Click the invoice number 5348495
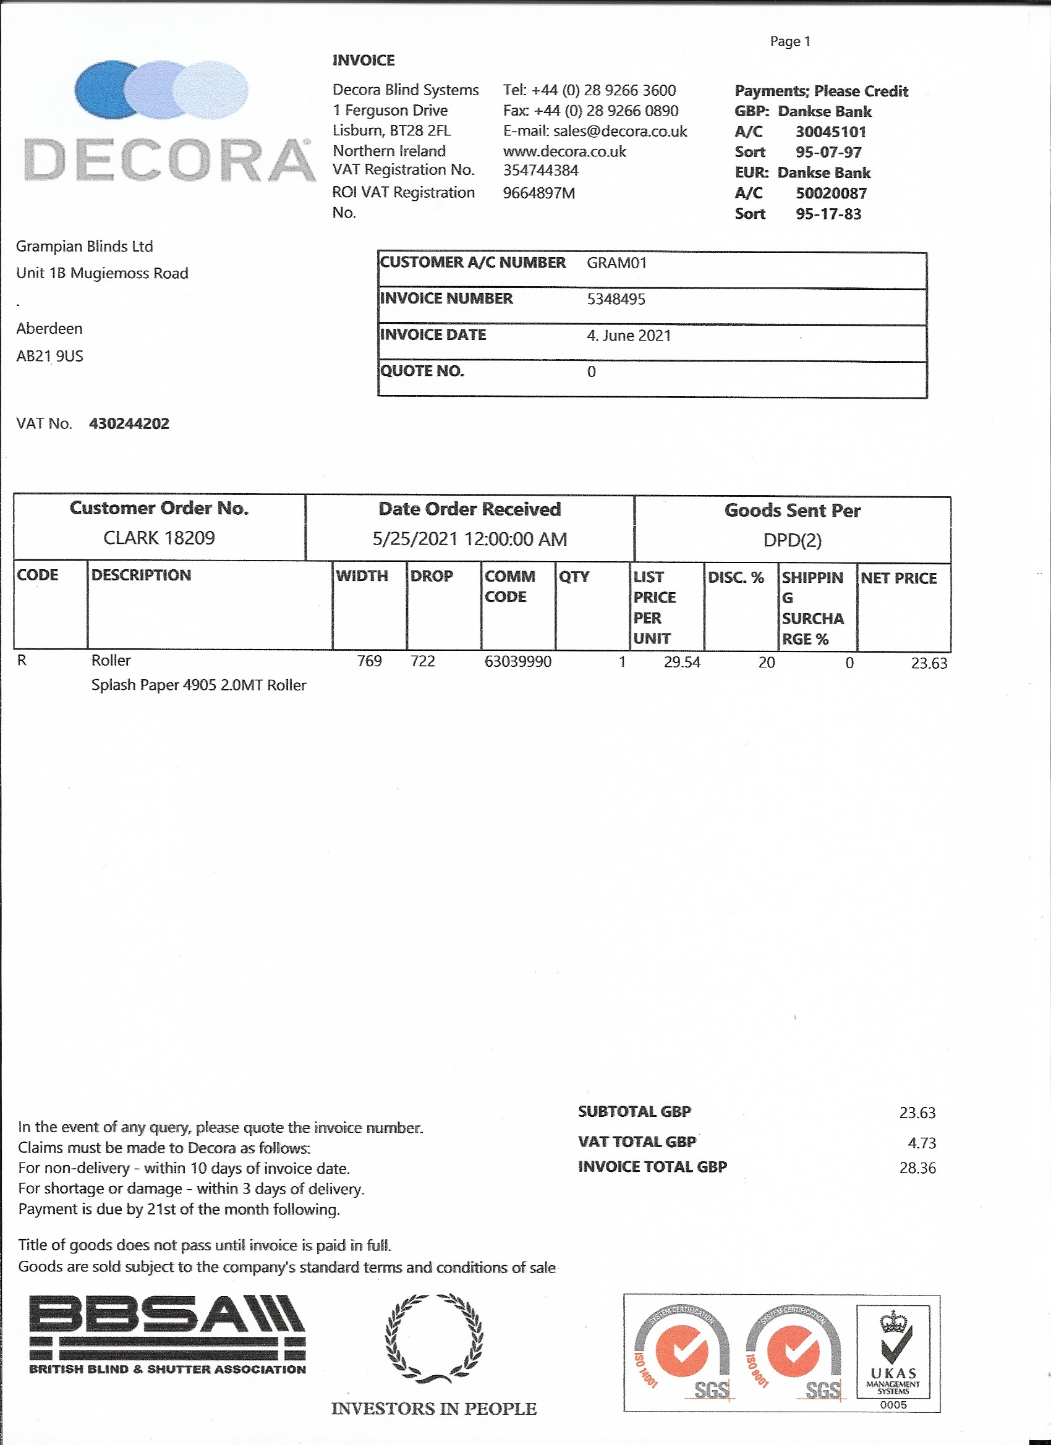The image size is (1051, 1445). pyautogui.click(x=616, y=300)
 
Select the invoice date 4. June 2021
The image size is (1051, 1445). pyautogui.click(x=628, y=336)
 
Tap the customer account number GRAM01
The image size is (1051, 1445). pyautogui.click(x=616, y=263)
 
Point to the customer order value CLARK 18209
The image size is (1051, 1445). pyautogui.click(x=159, y=538)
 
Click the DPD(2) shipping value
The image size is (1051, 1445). pyautogui.click(x=792, y=540)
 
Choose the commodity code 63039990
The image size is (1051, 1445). pyautogui.click(x=517, y=661)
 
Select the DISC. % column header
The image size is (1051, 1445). pyautogui.click(x=736, y=577)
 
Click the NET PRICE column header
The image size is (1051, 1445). pyautogui.click(x=898, y=578)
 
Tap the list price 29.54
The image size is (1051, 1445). pyautogui.click(x=681, y=663)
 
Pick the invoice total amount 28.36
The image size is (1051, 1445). pyautogui.click(x=917, y=1168)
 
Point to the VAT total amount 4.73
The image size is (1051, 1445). pyautogui.click(x=922, y=1143)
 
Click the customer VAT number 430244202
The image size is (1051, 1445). pyautogui.click(x=129, y=424)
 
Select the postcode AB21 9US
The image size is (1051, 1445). pyautogui.click(x=49, y=356)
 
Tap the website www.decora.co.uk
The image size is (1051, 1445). pyautogui.click(x=564, y=151)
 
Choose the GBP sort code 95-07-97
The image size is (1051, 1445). pyautogui.click(x=828, y=152)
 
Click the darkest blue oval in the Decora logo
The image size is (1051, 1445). pyautogui.click(x=102, y=89)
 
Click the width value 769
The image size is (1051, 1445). pyautogui.click(x=369, y=661)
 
